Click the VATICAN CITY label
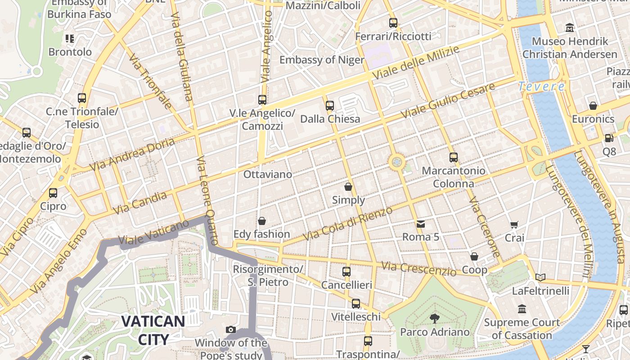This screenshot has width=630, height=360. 153,330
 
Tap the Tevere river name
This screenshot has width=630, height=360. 541,86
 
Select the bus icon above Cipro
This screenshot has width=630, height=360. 53,193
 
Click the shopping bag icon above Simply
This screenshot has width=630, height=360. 348,186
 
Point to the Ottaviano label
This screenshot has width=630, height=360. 267,174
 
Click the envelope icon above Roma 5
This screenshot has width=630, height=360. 420,223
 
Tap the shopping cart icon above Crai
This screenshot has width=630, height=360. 514,225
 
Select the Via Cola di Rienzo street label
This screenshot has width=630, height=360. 347,223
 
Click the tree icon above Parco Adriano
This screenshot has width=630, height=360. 435,319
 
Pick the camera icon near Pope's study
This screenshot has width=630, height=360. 231,330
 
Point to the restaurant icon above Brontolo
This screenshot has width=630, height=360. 69,39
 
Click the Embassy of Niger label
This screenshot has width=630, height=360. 322,60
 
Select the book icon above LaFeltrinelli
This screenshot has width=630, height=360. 540,277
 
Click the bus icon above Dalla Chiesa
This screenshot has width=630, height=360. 330,106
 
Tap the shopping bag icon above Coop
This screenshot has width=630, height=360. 474,256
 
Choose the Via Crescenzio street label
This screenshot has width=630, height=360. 418,269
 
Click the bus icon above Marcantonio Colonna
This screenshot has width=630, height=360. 454,157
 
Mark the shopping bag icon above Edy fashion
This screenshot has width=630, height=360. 261,221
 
